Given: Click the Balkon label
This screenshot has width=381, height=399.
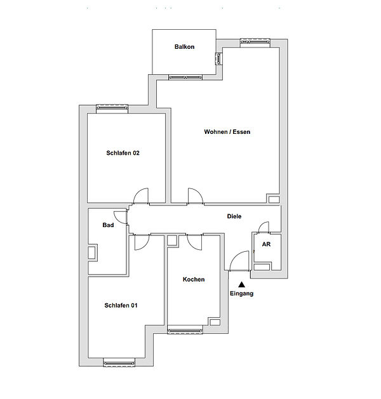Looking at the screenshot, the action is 184,47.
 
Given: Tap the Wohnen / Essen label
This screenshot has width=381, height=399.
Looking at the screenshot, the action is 227,132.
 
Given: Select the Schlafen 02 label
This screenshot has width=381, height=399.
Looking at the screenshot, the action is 123,153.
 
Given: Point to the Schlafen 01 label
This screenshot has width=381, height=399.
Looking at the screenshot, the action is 121,305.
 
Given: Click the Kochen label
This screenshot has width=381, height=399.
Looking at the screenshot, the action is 194,279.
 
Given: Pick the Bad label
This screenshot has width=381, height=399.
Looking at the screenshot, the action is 108,225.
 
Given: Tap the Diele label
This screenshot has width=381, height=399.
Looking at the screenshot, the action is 234,216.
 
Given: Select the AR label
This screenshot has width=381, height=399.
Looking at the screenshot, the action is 266,244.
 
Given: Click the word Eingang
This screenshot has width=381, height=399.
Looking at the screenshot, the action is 241,294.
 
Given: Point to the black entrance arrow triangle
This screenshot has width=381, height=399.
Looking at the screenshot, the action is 241,284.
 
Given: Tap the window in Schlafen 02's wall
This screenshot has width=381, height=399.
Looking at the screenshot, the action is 112,108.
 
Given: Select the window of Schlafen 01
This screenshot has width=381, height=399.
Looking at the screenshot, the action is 119,362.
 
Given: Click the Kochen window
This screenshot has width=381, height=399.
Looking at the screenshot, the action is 185,330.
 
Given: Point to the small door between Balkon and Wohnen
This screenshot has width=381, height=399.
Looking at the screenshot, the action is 219,59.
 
